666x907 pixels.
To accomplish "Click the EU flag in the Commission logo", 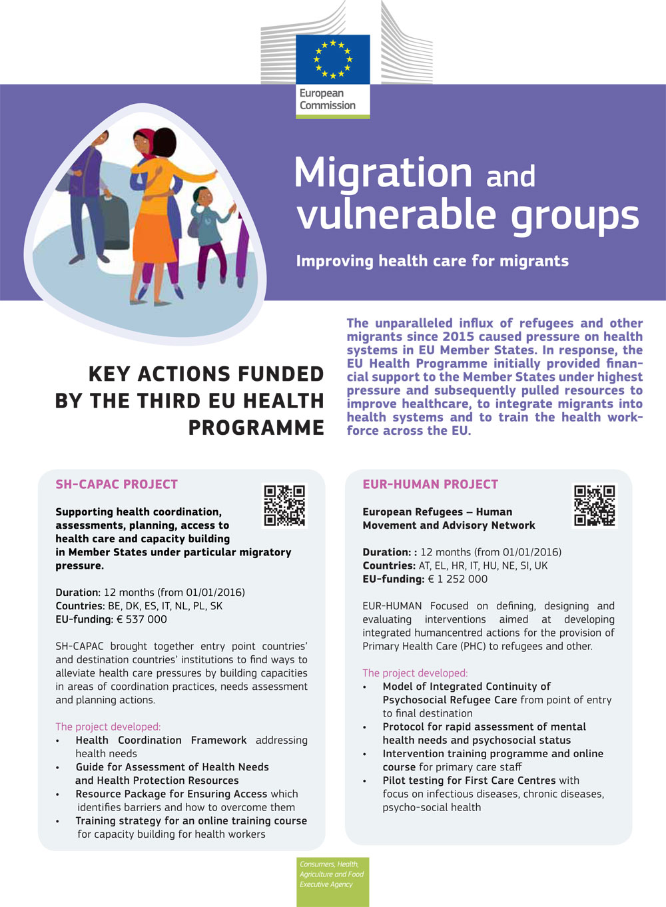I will pyautogui.click(x=333, y=59).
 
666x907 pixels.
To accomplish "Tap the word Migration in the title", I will pyautogui.click(x=383, y=173).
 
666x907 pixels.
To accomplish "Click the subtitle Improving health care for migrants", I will pyautogui.click(x=432, y=261).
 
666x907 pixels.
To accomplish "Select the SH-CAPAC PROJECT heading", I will pyautogui.click(x=117, y=484).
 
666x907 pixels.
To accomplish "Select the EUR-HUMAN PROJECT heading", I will pyautogui.click(x=430, y=484).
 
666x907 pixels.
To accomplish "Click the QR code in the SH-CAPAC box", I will pyautogui.click(x=284, y=505).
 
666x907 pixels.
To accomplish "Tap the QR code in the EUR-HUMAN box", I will pyautogui.click(x=595, y=505).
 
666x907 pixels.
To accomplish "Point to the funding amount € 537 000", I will pyautogui.click(x=141, y=619).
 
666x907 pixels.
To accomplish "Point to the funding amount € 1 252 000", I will pyautogui.click(x=458, y=579).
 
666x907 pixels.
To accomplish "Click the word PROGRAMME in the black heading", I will pyautogui.click(x=256, y=428).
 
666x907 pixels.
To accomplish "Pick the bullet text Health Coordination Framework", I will pyautogui.click(x=161, y=741).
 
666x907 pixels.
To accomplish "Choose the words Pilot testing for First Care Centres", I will pyautogui.click(x=469, y=780).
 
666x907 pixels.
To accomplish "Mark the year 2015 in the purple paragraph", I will pyautogui.click(x=458, y=337).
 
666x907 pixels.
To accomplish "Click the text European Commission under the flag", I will pyautogui.click(x=327, y=99).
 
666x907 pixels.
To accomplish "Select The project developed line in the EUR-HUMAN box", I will pyautogui.click(x=415, y=673).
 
